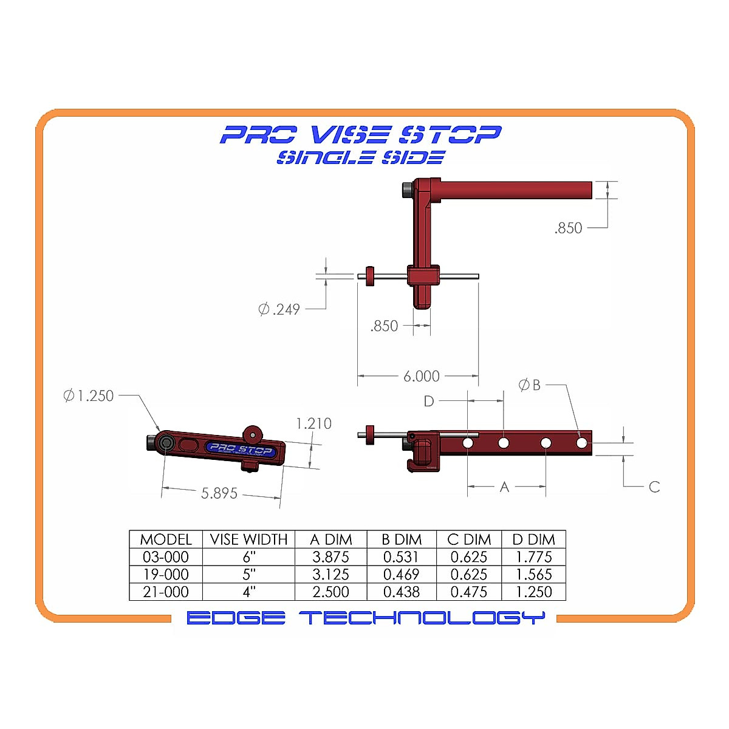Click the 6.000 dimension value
point(421,377)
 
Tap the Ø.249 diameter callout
point(279,309)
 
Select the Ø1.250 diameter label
point(89,395)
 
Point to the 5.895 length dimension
point(219,493)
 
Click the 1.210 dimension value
point(313,423)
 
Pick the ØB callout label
point(529,385)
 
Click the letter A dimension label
point(504,487)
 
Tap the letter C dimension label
point(654,487)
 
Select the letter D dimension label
point(429,401)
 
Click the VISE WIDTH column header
point(248,539)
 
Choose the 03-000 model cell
point(165,557)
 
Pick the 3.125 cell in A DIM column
point(330,575)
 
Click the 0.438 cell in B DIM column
point(401,592)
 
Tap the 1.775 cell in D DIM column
point(533,557)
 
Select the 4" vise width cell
point(248,592)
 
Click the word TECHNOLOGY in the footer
point(422,618)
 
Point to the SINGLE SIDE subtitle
point(361,157)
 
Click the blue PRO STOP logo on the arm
point(241,450)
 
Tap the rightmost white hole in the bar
point(581,443)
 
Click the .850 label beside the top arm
point(568,228)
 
